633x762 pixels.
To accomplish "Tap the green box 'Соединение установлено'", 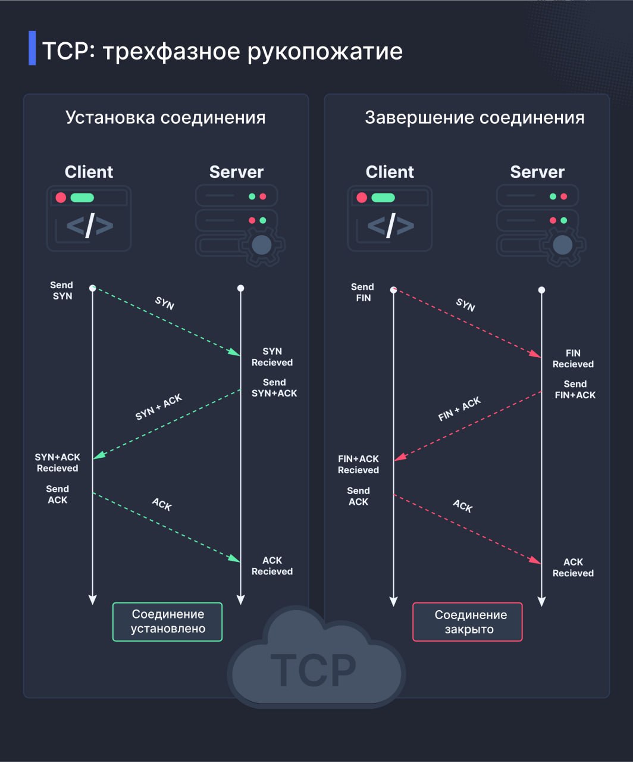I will [x=167, y=622].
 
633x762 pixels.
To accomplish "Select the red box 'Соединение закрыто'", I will [x=468, y=622].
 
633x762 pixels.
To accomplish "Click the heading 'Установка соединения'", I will [x=165, y=117].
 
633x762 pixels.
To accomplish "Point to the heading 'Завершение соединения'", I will [x=474, y=117].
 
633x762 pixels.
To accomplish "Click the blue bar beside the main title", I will [x=32, y=48].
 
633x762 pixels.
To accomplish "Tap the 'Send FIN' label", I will [x=362, y=292].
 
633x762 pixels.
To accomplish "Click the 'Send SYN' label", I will [x=61, y=291].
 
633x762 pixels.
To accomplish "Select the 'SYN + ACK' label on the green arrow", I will [x=158, y=407].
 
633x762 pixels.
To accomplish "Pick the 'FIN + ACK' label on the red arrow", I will [x=459, y=409].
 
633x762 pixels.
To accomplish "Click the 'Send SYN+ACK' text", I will [x=274, y=388].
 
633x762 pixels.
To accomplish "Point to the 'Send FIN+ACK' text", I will [x=575, y=389].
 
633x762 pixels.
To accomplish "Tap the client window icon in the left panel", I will [x=89, y=218].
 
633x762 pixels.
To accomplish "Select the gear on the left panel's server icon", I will [x=262, y=245].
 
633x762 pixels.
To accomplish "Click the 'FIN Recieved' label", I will [x=573, y=358].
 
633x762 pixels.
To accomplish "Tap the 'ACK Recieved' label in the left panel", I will [x=272, y=566].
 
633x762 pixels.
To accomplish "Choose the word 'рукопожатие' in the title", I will [x=325, y=52].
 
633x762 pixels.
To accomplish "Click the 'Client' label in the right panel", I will [x=390, y=172].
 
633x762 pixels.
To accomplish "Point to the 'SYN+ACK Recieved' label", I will [x=57, y=463].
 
